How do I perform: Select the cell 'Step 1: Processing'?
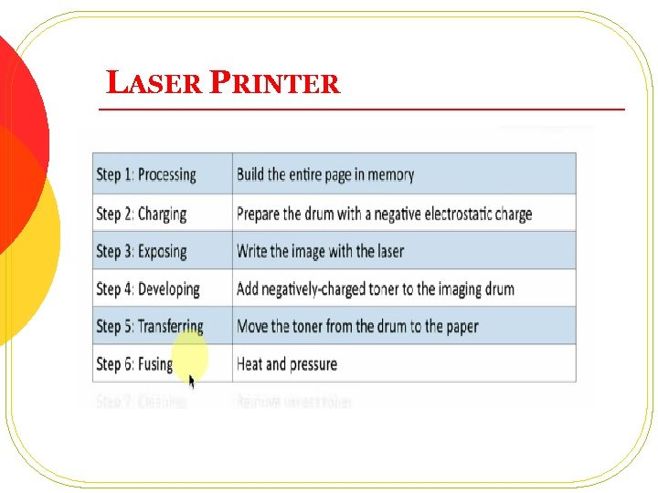coord(146,174)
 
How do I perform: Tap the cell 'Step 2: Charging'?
coord(141,214)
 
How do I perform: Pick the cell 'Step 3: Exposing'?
coord(141,251)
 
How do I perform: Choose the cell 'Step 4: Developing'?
coord(147,289)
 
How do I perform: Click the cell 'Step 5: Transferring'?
coord(149,326)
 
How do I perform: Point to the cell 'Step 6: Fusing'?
coord(134,364)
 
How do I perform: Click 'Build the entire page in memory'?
coord(325,174)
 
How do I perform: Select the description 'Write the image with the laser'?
coord(320,251)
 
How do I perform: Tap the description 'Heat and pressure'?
coord(287,364)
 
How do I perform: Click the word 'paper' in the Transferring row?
coord(460,327)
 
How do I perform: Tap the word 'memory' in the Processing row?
coord(392,174)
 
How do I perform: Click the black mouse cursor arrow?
coord(192,381)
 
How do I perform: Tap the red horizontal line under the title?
coord(361,109)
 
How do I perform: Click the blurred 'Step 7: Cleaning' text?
coord(141,401)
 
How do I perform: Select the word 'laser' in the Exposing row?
coord(387,251)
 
